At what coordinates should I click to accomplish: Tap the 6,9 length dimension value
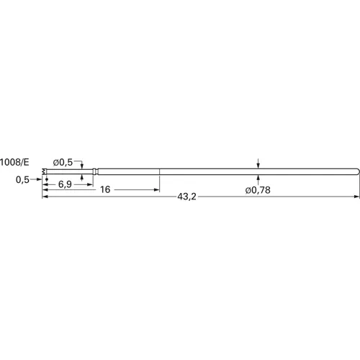(x=64, y=184)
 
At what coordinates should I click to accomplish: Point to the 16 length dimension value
(x=105, y=190)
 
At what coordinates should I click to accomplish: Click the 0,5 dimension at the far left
(x=22, y=180)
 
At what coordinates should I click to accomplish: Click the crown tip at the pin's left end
(x=44, y=171)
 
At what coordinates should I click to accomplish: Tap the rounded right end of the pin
(x=356, y=171)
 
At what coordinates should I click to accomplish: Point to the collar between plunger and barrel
(x=94, y=171)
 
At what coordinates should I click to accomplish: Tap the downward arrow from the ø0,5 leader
(x=82, y=166)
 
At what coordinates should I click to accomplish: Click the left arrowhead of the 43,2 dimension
(x=45, y=197)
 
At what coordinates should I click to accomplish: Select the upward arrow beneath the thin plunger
(x=82, y=176)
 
